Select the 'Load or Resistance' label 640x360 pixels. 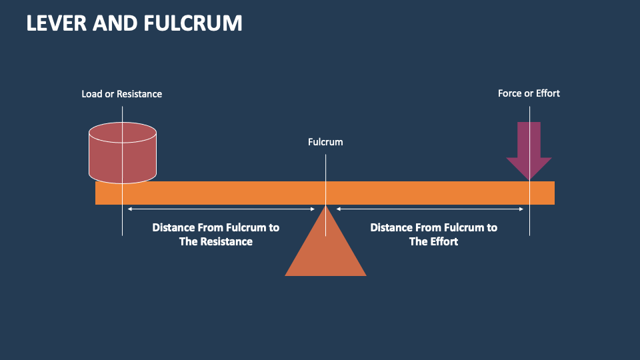(121, 94)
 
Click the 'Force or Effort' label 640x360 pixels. (529, 93)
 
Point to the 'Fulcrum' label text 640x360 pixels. (325, 142)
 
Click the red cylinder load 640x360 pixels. (123, 157)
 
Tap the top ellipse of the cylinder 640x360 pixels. (123, 132)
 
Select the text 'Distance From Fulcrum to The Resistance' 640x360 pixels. (215, 234)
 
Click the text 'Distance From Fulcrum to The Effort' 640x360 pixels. (433, 234)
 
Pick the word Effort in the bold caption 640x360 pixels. (443, 242)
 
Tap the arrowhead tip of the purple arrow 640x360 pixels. (529, 178)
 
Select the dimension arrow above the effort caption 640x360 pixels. (430, 209)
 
